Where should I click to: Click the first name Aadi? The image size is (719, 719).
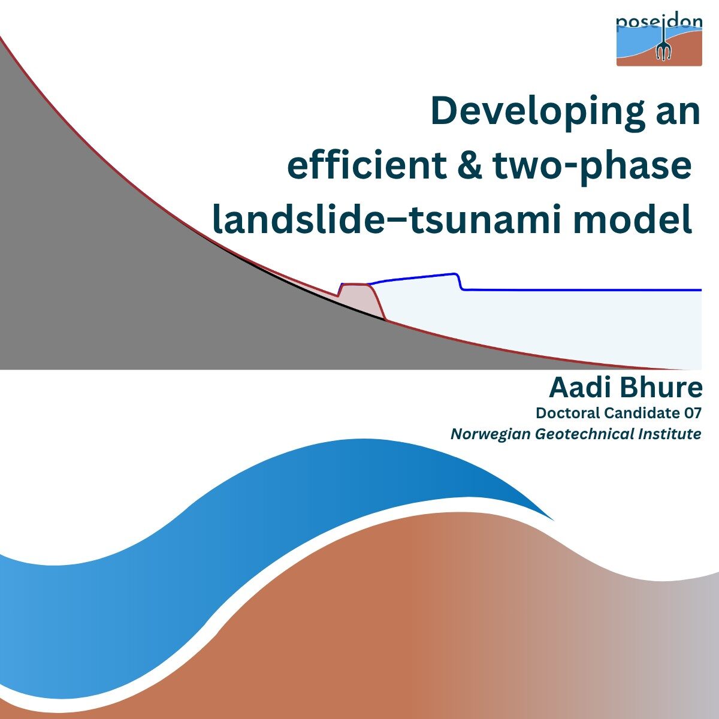pos(580,388)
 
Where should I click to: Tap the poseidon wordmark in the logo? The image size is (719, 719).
pos(659,23)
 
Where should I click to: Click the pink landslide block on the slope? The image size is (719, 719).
pos(361,301)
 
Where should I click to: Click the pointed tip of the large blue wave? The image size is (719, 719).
pos(553,520)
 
